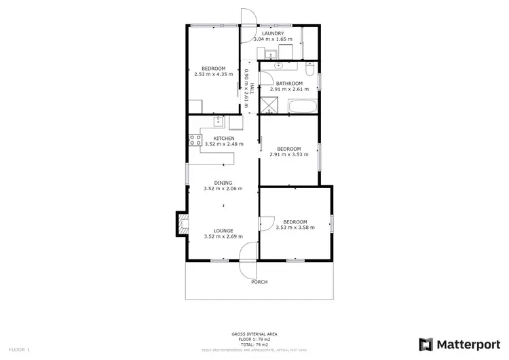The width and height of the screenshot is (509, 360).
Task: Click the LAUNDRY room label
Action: (x=272, y=33)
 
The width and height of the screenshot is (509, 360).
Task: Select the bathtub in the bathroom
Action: (x=302, y=106)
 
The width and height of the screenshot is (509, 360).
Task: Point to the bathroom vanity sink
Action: (x=279, y=66)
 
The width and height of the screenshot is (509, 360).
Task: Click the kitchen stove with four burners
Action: (x=194, y=141)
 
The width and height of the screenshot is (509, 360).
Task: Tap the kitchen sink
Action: (x=219, y=122)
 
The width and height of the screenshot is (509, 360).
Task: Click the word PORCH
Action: (x=259, y=282)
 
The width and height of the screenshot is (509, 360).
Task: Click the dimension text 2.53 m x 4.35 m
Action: (x=213, y=74)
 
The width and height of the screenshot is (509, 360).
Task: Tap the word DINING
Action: (x=223, y=183)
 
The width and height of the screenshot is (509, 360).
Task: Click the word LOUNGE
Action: (x=223, y=230)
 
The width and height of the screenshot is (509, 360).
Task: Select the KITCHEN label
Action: (x=223, y=139)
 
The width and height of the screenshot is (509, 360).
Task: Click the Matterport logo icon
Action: (x=426, y=344)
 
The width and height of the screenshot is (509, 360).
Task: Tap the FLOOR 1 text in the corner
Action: (x=20, y=349)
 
